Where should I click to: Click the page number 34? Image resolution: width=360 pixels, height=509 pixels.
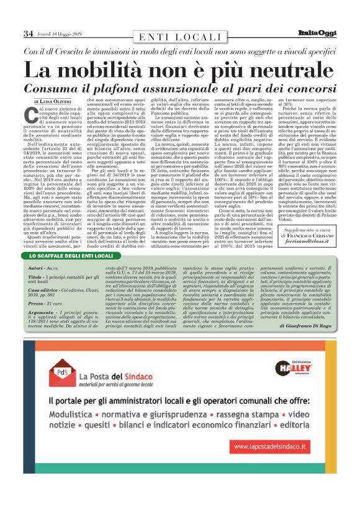point(28,33)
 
